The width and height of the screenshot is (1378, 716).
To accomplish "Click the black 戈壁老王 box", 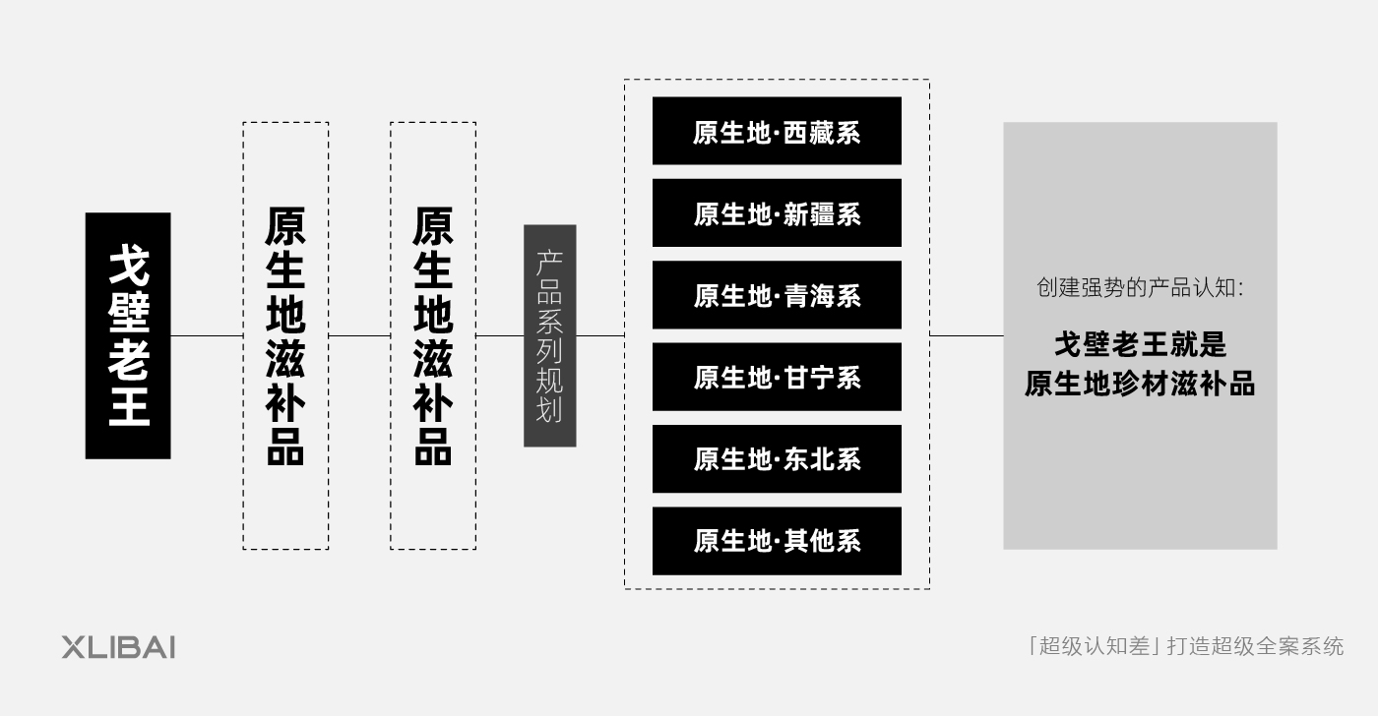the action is pos(128,335).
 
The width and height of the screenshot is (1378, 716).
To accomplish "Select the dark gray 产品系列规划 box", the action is pos(550,335).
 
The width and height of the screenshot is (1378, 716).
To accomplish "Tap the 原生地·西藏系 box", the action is pos(777,131).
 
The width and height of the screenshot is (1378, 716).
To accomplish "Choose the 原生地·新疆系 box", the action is pos(777,212).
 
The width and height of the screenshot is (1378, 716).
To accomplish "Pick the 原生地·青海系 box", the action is pos(777,295).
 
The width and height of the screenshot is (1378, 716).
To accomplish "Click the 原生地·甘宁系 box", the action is pos(777,377).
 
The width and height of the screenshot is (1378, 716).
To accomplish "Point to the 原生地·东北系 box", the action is pos(777,459).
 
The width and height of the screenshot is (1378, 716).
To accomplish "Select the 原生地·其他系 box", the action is pos(777,541).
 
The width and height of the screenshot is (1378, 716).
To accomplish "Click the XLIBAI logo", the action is pos(118,647).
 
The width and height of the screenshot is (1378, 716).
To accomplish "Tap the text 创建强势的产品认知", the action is pos(1134,287).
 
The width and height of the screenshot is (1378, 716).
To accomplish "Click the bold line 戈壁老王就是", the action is pos(1141,344).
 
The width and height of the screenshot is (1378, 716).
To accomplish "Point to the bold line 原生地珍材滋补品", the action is pos(1140,384).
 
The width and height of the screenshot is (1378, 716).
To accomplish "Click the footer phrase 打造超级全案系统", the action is pos(1256,646).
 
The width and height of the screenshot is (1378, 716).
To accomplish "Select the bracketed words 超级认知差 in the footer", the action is pos(1095,646).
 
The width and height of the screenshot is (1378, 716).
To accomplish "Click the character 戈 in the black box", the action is pos(129,265).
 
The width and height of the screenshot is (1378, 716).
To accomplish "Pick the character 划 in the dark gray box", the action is pos(549,410).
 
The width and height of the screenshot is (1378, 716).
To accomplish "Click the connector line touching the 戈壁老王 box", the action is pos(207,335).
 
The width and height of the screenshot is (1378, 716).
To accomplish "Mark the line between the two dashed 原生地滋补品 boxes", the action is pos(359,335).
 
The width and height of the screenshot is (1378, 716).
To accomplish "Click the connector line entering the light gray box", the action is pos(967,335).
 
